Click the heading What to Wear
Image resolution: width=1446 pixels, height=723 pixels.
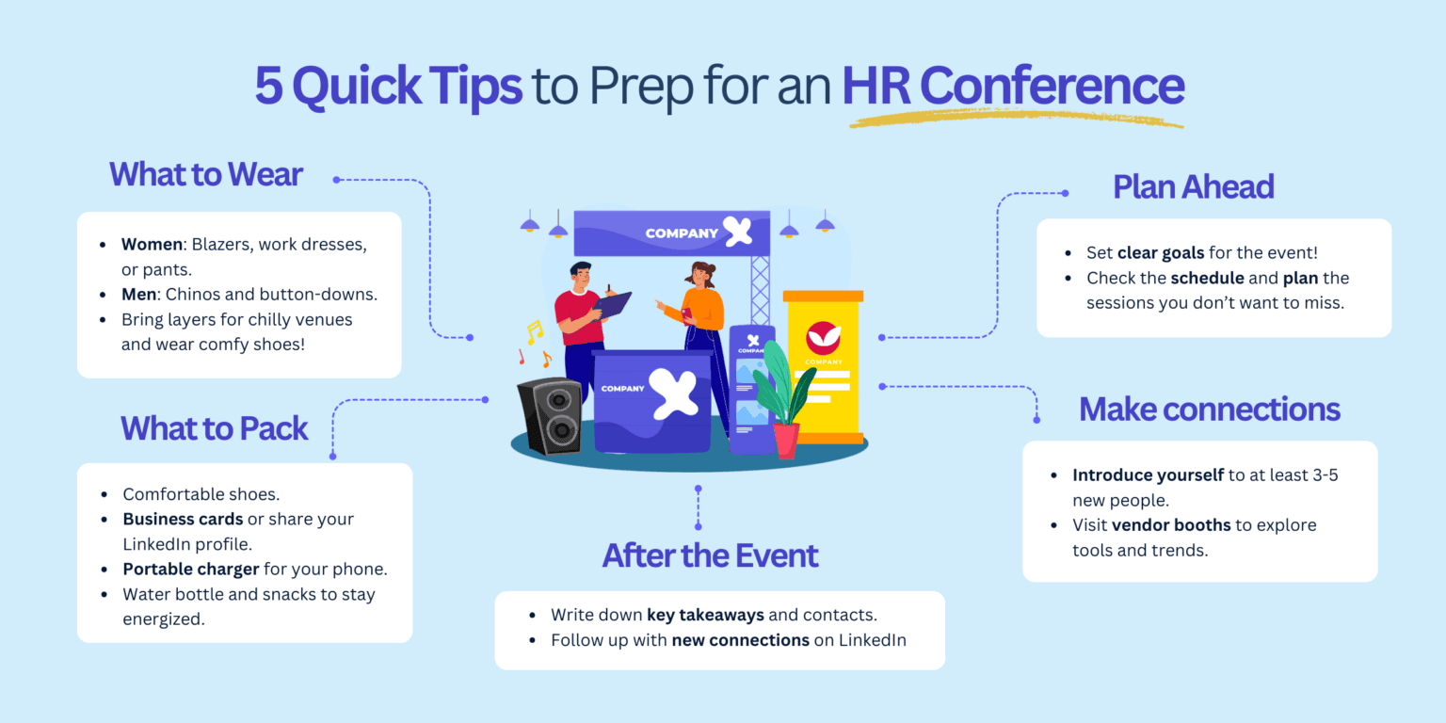[205, 175]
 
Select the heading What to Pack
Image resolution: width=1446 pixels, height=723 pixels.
[214, 429]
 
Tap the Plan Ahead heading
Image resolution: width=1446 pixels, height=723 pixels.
[1193, 186]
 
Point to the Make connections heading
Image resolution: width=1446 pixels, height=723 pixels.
[1209, 410]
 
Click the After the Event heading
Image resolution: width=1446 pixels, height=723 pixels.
[710, 555]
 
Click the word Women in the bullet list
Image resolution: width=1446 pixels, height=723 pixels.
[152, 245]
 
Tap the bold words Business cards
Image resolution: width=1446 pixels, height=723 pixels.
[183, 520]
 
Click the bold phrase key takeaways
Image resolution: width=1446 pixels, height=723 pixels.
[705, 615]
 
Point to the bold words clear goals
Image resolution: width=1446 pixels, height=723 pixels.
[1161, 253]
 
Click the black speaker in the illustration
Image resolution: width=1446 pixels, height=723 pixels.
[550, 415]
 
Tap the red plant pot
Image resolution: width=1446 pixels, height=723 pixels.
[785, 440]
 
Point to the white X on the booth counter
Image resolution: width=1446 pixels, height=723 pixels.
[674, 389]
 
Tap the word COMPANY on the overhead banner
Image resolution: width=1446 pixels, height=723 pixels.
[675, 233]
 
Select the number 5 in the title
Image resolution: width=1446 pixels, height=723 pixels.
[268, 86]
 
